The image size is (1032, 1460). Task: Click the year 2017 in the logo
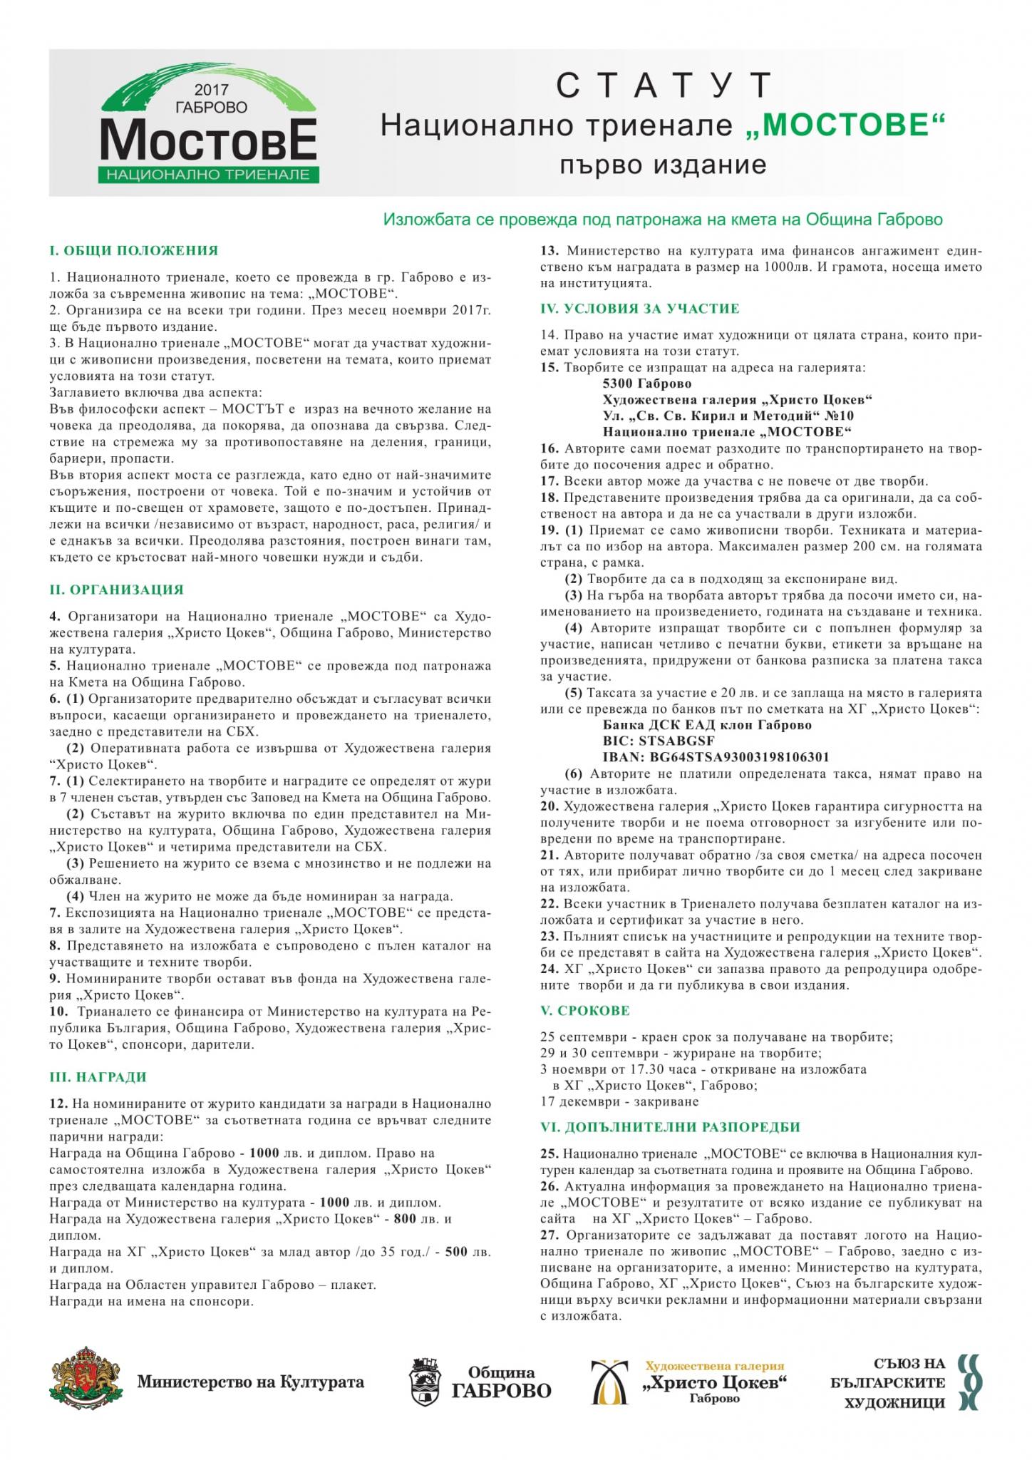[210, 91]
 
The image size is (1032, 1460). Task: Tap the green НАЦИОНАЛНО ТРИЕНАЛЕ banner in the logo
[208, 174]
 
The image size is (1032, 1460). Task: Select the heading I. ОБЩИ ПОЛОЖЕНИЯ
[133, 251]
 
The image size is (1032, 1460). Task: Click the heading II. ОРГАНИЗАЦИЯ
[117, 590]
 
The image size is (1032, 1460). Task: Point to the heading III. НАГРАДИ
[98, 1077]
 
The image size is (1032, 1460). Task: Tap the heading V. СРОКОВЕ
[585, 1011]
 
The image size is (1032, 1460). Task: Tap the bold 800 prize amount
[404, 1219]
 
